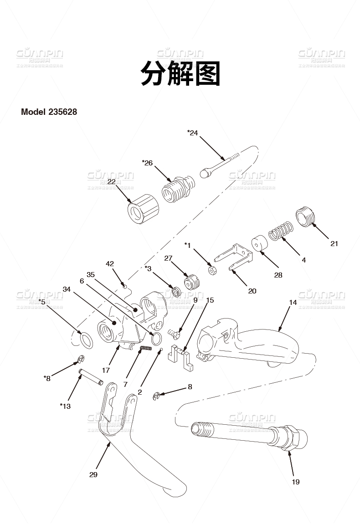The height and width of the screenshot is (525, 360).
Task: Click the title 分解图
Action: pyautogui.click(x=180, y=73)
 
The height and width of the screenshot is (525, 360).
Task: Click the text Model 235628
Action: pyautogui.click(x=48, y=112)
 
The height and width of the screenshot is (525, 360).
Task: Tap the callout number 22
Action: pyautogui.click(x=112, y=181)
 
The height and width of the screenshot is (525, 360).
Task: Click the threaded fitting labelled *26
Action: pyautogui.click(x=177, y=190)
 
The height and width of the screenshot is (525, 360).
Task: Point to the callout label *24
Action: pyautogui.click(x=193, y=133)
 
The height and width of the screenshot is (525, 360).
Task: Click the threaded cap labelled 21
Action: pyautogui.click(x=305, y=216)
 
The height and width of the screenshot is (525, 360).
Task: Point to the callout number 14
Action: pyautogui.click(x=293, y=302)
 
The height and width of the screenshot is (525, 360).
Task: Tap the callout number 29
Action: pyautogui.click(x=93, y=474)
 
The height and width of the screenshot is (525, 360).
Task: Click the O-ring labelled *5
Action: pyautogui.click(x=86, y=340)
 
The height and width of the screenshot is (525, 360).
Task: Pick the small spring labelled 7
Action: pyautogui.click(x=145, y=349)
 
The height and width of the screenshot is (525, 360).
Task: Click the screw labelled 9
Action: pyautogui.click(x=175, y=334)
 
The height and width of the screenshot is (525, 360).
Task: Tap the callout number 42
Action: pyautogui.click(x=110, y=263)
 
